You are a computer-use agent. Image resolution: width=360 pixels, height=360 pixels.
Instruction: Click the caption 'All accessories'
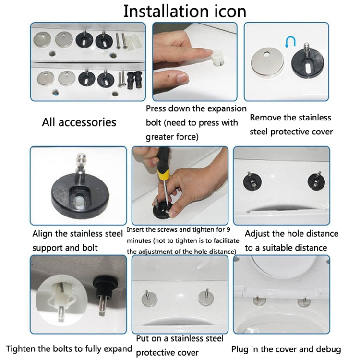(x=79, y=122)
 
